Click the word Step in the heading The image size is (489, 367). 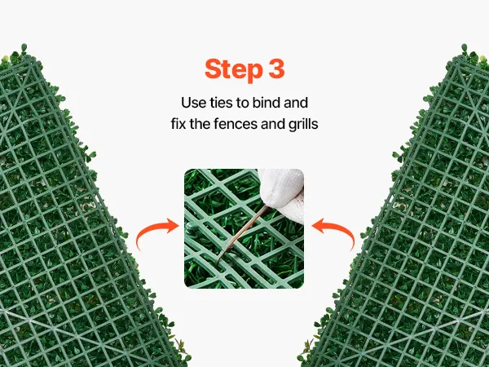(x=234, y=70)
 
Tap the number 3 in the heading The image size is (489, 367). (x=276, y=69)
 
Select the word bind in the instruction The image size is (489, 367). (x=267, y=103)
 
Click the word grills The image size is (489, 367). (x=303, y=125)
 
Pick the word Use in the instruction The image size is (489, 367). (x=194, y=103)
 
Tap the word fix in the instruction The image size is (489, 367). (x=178, y=124)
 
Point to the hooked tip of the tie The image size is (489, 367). (x=219, y=260)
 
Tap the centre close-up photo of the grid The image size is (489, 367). (x=244, y=228)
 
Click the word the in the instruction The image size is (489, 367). (x=200, y=124)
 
